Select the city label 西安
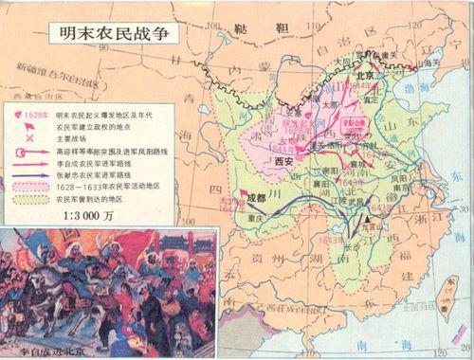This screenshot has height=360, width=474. (x=286, y=161)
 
